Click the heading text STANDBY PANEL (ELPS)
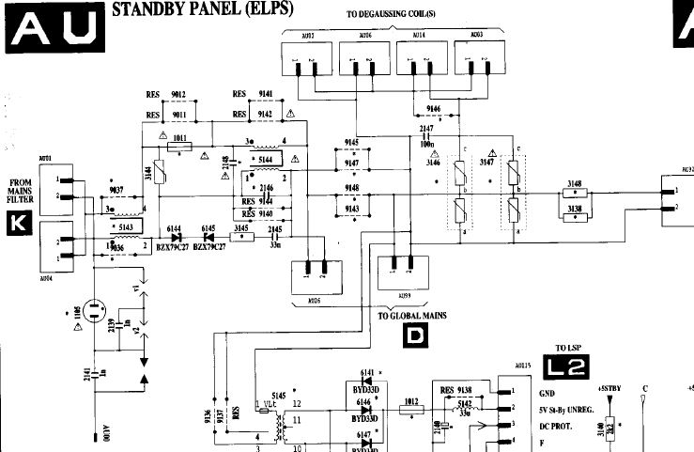[x=202, y=9]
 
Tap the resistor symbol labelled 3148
[x=575, y=193]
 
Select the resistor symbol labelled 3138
[x=575, y=217]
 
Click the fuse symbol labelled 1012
[x=410, y=409]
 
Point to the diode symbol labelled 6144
[x=174, y=237]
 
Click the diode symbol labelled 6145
[x=208, y=237]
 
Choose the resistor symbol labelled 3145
[x=242, y=237]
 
